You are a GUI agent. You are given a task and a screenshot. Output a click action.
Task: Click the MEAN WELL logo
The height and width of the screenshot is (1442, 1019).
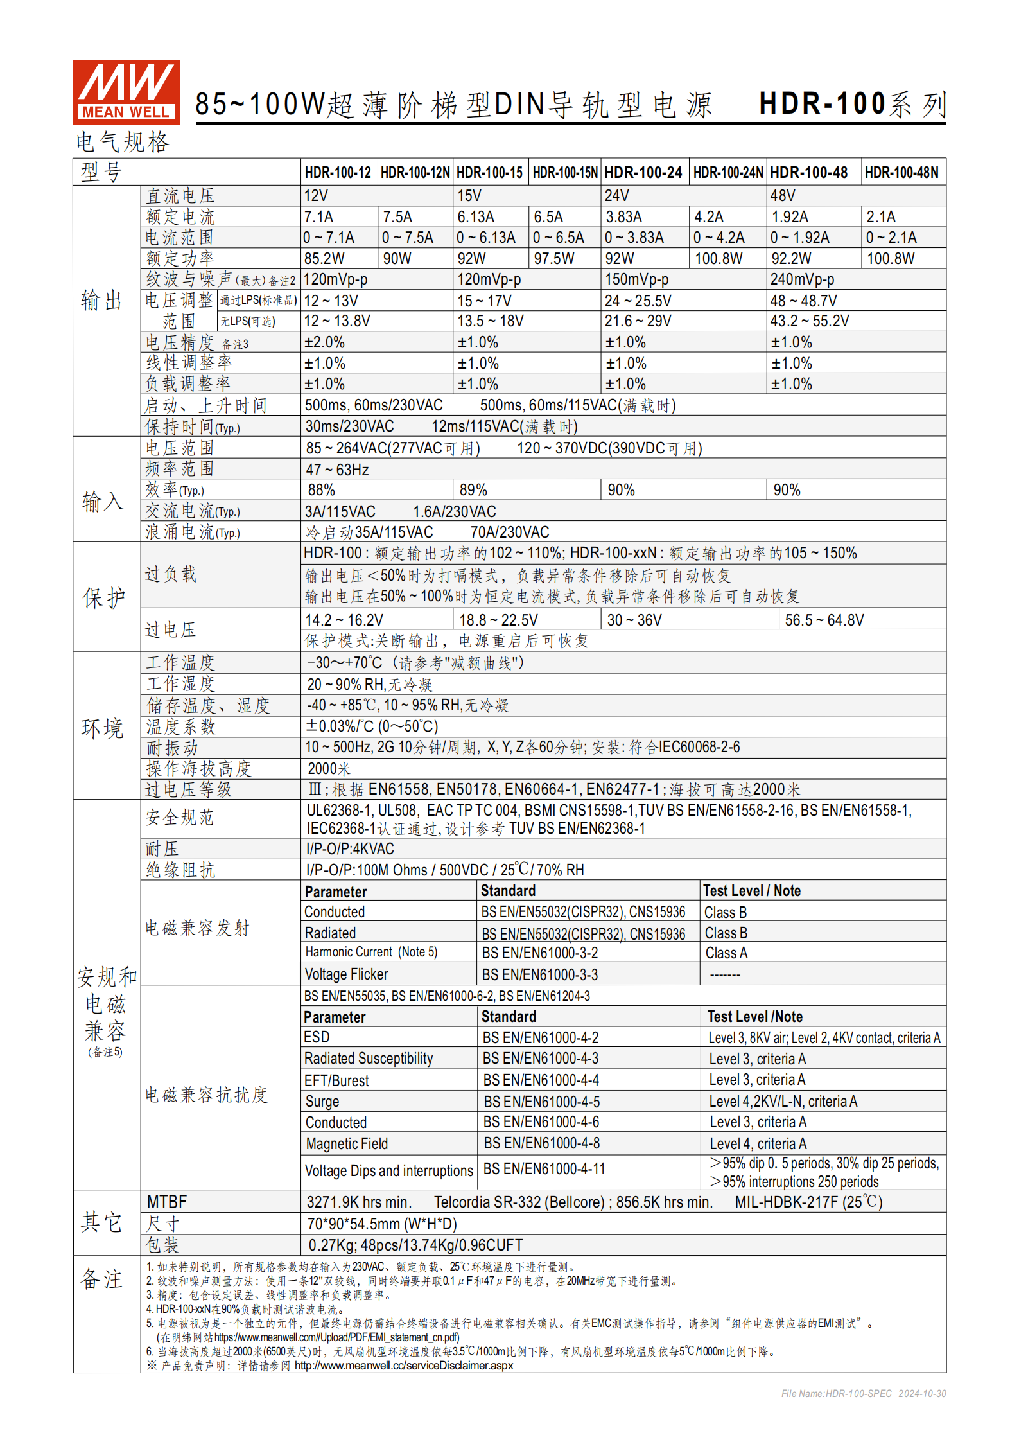126,92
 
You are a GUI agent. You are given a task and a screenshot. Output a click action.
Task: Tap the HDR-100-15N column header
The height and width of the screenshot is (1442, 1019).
565,173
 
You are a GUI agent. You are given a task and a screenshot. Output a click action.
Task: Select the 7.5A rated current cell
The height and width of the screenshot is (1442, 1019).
397,217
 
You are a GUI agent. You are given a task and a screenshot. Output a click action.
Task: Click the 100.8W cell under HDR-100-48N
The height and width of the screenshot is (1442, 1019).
891,259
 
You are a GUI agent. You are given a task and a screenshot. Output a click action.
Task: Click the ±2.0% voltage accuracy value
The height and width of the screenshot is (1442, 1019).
324,342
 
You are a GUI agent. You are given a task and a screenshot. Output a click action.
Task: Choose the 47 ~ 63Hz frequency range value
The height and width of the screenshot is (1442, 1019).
337,470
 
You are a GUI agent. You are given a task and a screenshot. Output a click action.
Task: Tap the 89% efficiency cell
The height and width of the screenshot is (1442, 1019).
473,490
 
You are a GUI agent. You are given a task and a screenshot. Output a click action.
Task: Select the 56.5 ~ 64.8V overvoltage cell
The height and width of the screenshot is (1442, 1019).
824,620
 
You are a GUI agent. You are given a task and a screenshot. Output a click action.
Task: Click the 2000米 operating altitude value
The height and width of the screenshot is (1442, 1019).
329,769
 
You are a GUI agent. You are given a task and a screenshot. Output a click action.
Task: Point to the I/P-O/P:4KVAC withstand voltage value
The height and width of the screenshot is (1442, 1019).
350,849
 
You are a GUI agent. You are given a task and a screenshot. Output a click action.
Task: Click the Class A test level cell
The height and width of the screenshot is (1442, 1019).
726,953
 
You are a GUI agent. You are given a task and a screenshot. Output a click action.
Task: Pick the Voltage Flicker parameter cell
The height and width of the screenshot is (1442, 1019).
346,974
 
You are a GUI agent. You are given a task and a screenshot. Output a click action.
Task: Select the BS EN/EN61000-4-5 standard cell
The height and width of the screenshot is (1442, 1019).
542,1102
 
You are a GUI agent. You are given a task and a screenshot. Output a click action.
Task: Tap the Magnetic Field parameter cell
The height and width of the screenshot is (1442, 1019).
347,1144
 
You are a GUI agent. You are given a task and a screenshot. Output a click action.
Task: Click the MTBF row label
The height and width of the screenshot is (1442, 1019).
167,1202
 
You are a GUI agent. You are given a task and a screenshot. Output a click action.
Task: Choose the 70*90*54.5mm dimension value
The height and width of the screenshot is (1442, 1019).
382,1224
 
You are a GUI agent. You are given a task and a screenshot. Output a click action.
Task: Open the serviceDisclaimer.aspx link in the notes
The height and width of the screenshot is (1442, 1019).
404,1365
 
